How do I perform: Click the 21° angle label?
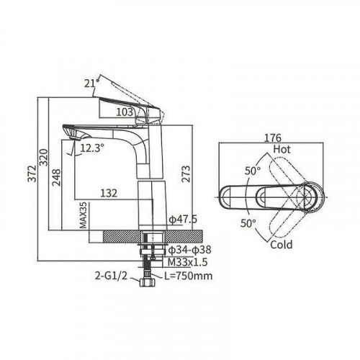point(91,84)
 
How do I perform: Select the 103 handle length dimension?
point(125,112)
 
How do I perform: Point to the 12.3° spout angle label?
point(92,148)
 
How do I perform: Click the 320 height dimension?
point(44,157)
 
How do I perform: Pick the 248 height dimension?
point(57,177)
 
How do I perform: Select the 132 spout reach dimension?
point(109,193)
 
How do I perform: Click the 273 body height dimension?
point(186,174)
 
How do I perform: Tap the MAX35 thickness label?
point(83,215)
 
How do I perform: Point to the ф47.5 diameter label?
point(183,219)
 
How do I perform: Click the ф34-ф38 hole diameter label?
point(189,250)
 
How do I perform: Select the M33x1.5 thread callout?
point(187,262)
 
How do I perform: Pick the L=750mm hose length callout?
point(189,276)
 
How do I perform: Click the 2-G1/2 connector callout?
point(111,276)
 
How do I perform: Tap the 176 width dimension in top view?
point(272,138)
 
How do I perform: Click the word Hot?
point(282,149)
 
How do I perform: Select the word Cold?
point(282,245)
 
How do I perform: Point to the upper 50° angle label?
point(253,171)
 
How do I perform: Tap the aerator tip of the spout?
point(74,138)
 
